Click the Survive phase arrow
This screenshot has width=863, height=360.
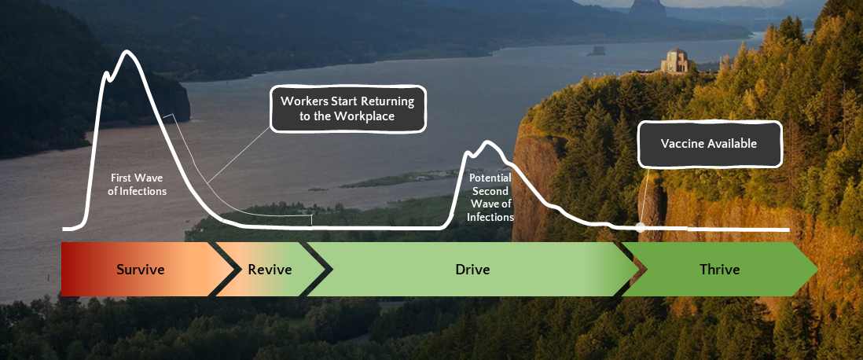[x=140, y=270]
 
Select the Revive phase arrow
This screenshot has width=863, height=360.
[x=270, y=270]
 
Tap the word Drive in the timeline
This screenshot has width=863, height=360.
[x=472, y=270]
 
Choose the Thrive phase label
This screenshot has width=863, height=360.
[x=719, y=270]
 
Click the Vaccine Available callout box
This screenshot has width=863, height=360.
[x=709, y=144]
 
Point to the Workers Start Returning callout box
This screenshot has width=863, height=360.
[x=347, y=108]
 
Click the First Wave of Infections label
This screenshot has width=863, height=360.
[x=139, y=184]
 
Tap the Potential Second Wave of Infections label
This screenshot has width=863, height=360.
[x=490, y=197]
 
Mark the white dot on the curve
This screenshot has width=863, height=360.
[x=641, y=226]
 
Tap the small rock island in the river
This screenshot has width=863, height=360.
[x=596, y=52]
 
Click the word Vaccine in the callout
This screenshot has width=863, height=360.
[x=684, y=144]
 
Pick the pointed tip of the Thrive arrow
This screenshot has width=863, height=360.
[x=817, y=270]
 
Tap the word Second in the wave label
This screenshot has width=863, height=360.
[x=490, y=191]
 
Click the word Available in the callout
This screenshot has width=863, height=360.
[x=733, y=144]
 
